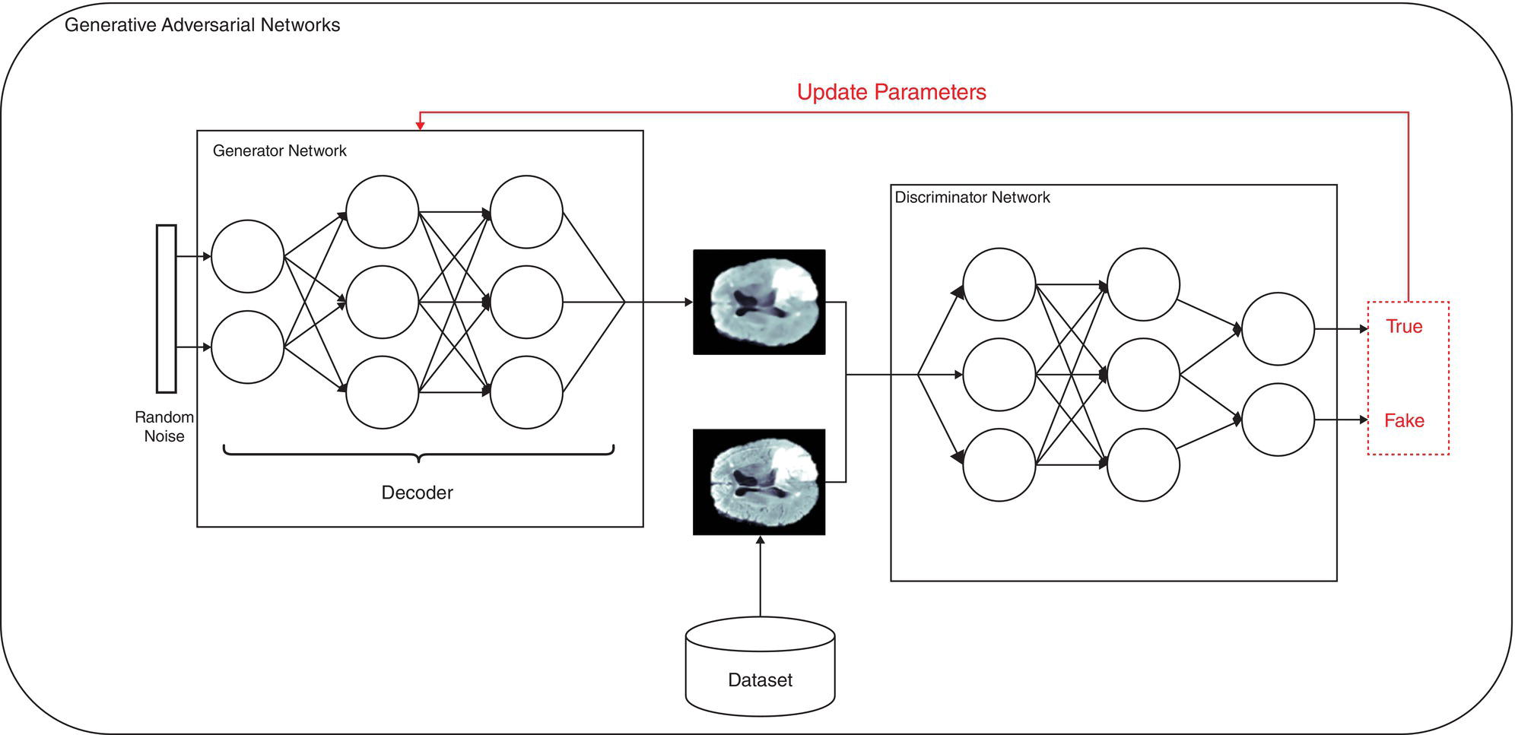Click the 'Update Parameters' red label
click(891, 92)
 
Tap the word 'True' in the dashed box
click(1403, 327)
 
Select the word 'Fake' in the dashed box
click(1403, 420)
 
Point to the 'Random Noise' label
click(164, 426)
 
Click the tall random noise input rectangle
click(166, 309)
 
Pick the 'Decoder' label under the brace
click(417, 493)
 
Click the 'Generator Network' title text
click(279, 150)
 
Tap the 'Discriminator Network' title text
click(972, 198)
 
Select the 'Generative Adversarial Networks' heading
click(202, 25)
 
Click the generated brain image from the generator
click(759, 302)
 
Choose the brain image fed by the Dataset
click(759, 482)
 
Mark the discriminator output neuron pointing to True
click(1278, 329)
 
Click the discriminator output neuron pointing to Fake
click(1278, 420)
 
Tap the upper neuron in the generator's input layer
click(247, 257)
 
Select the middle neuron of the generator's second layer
click(382, 302)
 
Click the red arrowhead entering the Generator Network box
click(420, 125)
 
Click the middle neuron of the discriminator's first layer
click(999, 375)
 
